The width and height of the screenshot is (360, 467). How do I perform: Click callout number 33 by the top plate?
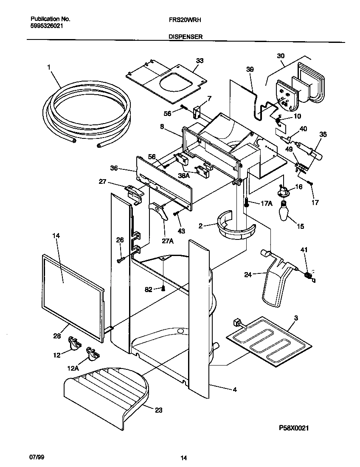(200, 61)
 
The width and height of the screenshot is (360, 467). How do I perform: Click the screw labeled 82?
(163, 289)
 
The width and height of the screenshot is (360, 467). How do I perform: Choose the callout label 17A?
(266, 203)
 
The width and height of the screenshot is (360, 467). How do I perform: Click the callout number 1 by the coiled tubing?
(49, 67)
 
